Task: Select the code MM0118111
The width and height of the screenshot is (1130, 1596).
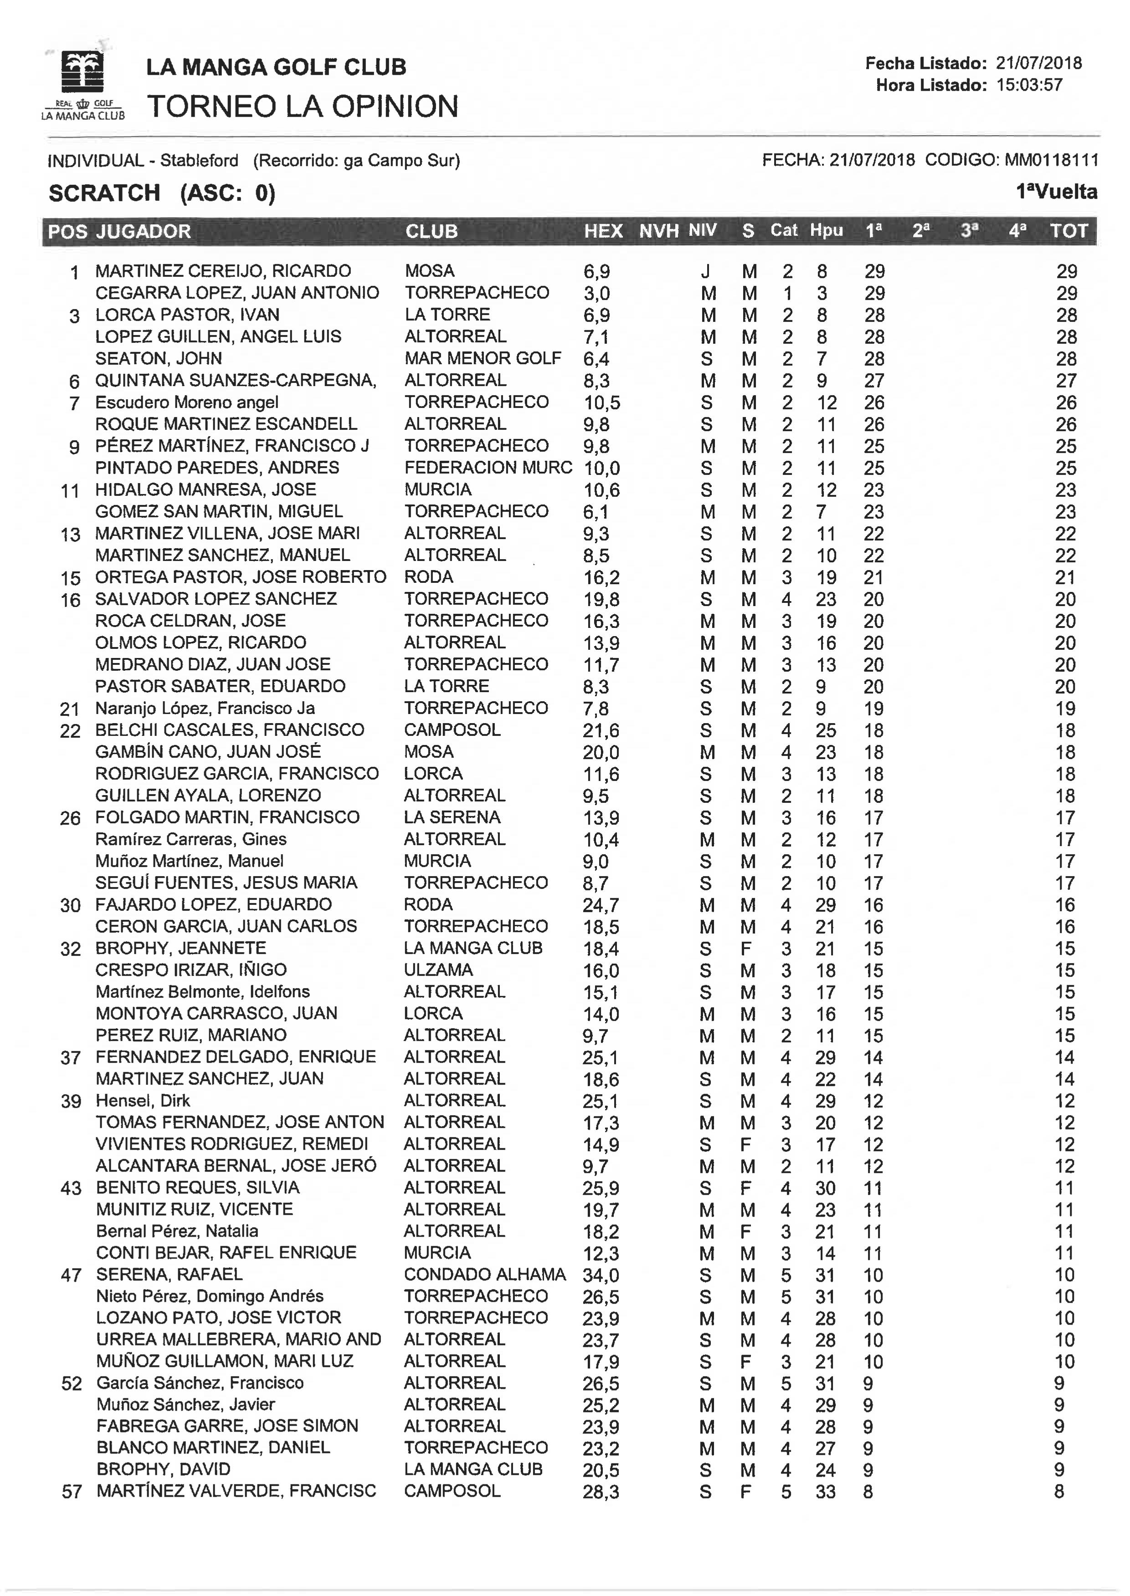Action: [1051, 161]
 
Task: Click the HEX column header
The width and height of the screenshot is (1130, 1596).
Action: [602, 231]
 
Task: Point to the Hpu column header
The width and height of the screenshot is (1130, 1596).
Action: [826, 231]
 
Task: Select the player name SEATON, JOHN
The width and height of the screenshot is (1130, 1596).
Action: [159, 359]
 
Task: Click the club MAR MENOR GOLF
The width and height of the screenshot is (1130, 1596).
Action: [483, 358]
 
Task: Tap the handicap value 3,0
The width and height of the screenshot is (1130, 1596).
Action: [596, 293]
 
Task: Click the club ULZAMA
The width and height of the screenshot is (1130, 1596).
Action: [438, 970]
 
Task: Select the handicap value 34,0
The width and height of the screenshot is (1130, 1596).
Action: [601, 1275]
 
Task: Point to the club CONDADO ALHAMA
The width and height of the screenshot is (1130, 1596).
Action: [485, 1275]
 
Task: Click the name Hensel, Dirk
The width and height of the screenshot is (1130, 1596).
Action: [143, 1101]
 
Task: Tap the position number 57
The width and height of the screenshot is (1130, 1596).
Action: [72, 1492]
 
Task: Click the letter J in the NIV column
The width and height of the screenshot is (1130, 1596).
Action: [705, 272]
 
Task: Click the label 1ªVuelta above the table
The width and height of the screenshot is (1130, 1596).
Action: [1056, 192]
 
